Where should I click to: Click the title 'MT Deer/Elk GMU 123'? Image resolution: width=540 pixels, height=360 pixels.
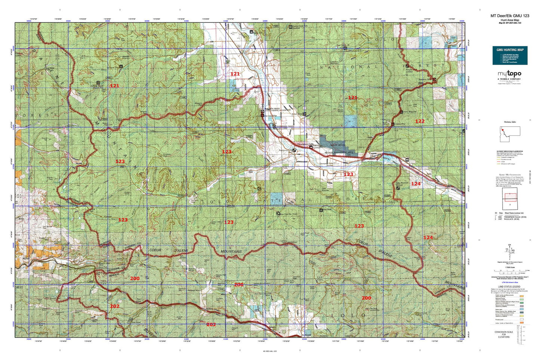[510, 16]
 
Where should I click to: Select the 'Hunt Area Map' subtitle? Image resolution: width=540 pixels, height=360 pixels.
[510, 19]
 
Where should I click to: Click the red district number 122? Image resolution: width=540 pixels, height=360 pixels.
[420, 121]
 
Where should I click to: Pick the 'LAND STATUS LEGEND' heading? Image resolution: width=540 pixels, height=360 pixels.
[509, 287]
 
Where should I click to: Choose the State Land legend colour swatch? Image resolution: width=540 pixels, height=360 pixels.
[522, 309]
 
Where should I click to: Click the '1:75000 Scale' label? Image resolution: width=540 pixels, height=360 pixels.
[510, 267]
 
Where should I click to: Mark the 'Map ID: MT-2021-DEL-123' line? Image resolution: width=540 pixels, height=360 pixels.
[510, 23]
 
